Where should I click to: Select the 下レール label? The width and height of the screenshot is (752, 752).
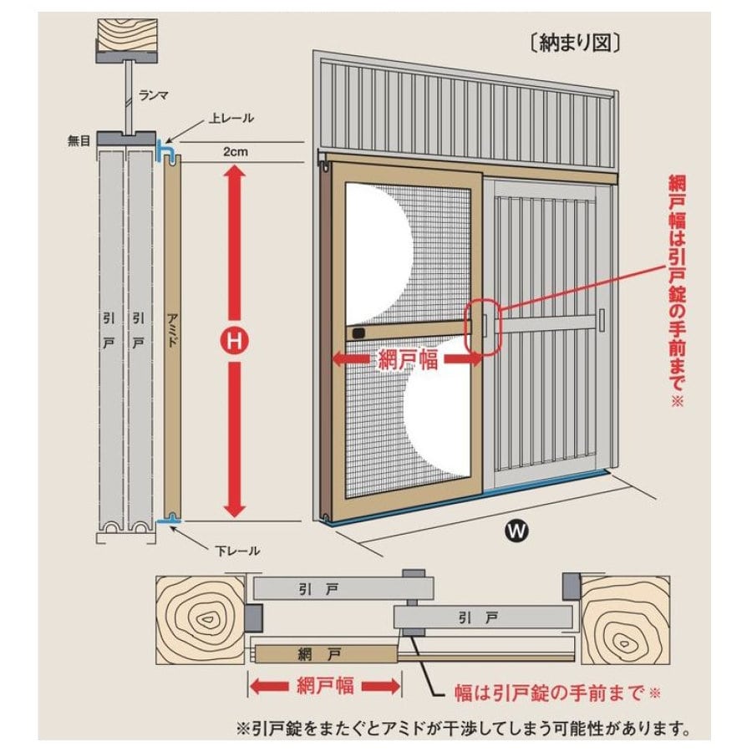tap(236, 551)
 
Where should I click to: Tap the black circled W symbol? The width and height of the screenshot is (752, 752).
tap(518, 529)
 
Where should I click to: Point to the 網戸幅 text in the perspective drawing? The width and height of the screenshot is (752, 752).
tap(408, 360)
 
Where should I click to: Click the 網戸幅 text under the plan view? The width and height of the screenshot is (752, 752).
tap(325, 687)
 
